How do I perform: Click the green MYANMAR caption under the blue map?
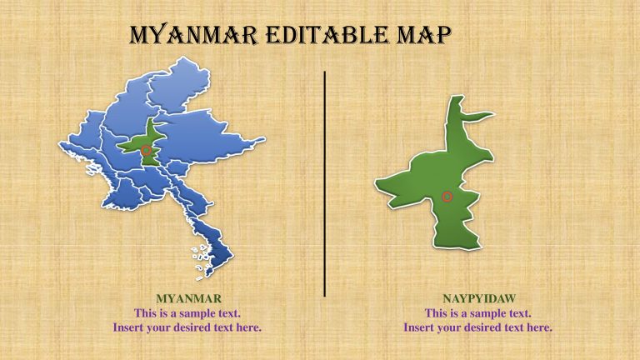coord(187,298)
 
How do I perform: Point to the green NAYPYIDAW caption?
coord(477,298)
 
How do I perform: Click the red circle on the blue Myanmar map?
coord(147,151)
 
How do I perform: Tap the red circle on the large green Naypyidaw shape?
coord(447,197)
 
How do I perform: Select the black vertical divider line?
coord(324,183)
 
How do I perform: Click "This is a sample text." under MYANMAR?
coord(187,313)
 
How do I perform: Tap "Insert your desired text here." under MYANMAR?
coord(187,327)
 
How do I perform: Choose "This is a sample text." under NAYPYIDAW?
coord(477,313)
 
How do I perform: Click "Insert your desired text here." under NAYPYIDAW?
coord(477,327)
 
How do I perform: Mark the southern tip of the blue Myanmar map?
coord(219,277)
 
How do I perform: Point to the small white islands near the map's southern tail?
coord(201,262)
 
